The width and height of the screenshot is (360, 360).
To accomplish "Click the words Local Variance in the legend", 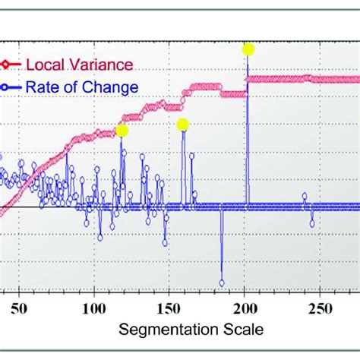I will [80, 65].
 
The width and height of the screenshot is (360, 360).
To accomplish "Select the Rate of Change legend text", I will [82, 87].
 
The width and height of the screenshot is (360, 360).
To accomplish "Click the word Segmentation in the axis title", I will [163, 330].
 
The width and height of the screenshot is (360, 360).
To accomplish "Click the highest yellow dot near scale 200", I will [248, 49].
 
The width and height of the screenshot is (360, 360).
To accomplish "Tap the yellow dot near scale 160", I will [182, 124].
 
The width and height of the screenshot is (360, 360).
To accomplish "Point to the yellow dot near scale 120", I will [122, 131].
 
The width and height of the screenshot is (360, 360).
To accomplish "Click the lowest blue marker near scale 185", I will [222, 283].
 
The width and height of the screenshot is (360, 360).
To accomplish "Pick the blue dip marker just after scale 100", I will [99, 236].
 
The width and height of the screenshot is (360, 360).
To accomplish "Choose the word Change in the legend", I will [114, 87].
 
